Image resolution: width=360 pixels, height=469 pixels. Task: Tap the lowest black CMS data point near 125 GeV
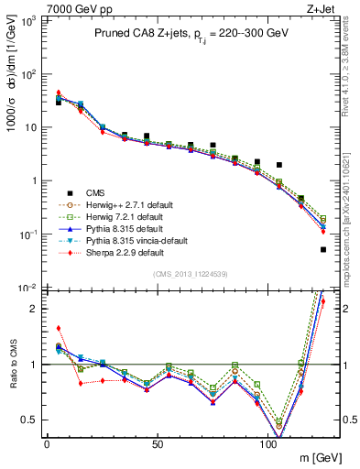coord(323,249)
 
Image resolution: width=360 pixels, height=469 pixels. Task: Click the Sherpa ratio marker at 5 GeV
coord(59,328)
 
